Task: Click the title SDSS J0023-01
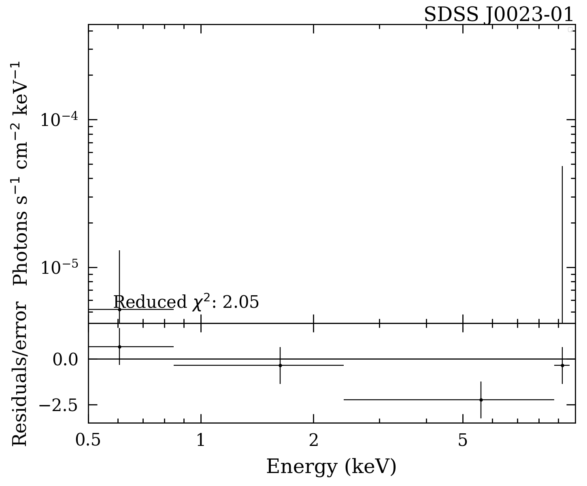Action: [498, 15]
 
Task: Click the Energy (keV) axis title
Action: [331, 467]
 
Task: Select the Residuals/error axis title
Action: [20, 373]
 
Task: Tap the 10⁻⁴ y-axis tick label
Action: [59, 120]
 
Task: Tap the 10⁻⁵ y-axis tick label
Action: [59, 268]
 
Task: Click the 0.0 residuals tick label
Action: [65, 359]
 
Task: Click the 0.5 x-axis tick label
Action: [88, 440]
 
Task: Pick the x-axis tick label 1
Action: [201, 440]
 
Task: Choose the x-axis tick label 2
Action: [313, 440]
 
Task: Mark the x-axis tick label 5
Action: [463, 440]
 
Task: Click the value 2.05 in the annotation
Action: [240, 303]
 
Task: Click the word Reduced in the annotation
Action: [150, 303]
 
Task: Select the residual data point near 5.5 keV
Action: [481, 400]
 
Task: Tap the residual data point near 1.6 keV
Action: [280, 365]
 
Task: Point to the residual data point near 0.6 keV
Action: [119, 347]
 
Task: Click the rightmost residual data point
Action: [562, 365]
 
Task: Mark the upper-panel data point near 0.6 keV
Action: [119, 309]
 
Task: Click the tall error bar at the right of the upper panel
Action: [562, 243]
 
